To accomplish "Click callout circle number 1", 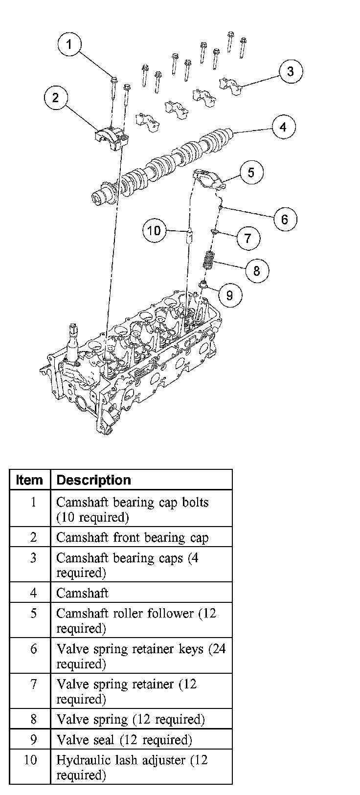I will coord(69,44).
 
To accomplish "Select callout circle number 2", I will coord(55,98).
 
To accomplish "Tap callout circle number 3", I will coord(291,71).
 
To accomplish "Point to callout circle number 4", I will coord(284,128).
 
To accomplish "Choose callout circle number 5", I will coord(251,173).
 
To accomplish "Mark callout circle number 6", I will coord(285,219).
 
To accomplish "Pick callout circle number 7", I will coord(248,238).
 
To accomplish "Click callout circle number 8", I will coord(256,270).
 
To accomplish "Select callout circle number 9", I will coord(229,294).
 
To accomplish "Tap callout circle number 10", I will coord(154,230).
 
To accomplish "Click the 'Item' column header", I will coord(29,480).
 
